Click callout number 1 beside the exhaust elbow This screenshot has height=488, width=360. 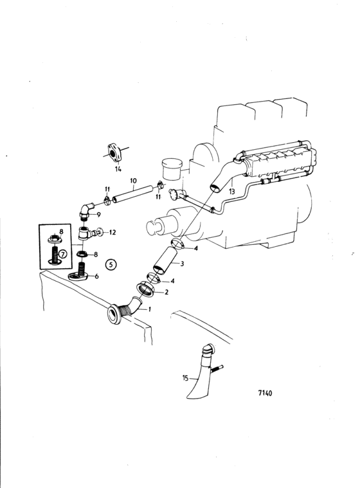[151, 309]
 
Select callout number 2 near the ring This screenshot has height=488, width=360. [167, 292]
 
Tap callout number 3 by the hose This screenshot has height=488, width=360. [183, 264]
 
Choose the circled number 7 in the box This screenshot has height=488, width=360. [63, 255]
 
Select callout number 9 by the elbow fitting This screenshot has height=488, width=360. [98, 214]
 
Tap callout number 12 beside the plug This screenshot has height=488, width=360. [112, 231]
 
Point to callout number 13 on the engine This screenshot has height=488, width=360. [232, 192]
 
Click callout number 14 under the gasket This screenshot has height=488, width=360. [118, 169]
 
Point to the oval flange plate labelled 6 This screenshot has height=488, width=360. [80, 278]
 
